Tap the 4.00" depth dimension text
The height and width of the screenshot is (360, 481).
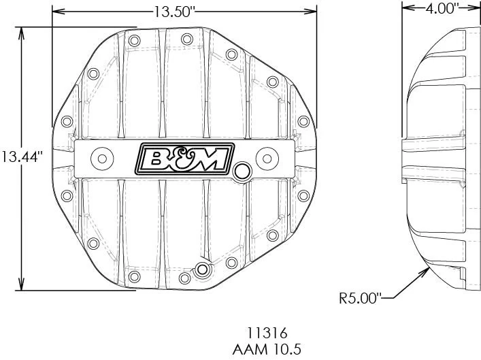coord(442,8)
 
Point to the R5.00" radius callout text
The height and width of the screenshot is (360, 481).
coord(360,297)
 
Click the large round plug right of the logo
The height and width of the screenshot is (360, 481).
coord(241,170)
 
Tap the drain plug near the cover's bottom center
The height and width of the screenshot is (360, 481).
coord(201,269)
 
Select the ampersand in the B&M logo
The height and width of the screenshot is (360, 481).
coord(184,159)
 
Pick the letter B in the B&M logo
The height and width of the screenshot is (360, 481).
coord(156,159)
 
